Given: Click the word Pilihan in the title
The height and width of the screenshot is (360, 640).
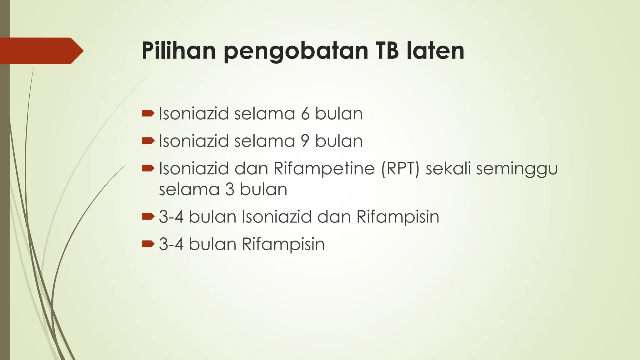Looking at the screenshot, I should [x=178, y=51].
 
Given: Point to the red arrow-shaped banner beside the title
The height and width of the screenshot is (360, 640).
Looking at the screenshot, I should [x=41, y=51].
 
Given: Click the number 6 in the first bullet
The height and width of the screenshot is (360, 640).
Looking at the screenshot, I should [x=305, y=113].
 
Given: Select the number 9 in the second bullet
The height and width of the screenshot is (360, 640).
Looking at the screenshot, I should [x=305, y=141].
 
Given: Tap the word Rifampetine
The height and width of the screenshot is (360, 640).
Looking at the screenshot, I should [x=324, y=168].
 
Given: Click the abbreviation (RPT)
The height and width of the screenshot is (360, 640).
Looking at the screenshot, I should [x=400, y=168].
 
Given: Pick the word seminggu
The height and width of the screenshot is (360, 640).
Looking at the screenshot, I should [x=517, y=169].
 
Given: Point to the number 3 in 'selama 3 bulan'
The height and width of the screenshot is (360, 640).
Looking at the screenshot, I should [x=230, y=189].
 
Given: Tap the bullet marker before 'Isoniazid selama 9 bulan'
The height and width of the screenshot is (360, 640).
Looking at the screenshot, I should [x=148, y=141].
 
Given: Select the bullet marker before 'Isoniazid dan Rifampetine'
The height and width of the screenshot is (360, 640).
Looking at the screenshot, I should [x=148, y=168].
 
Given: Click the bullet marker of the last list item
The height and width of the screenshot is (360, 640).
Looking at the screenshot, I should [x=148, y=244].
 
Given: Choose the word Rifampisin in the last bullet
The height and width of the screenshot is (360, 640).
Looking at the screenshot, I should [x=283, y=244].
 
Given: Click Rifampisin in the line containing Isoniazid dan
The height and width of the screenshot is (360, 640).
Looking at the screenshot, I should [x=397, y=217].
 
